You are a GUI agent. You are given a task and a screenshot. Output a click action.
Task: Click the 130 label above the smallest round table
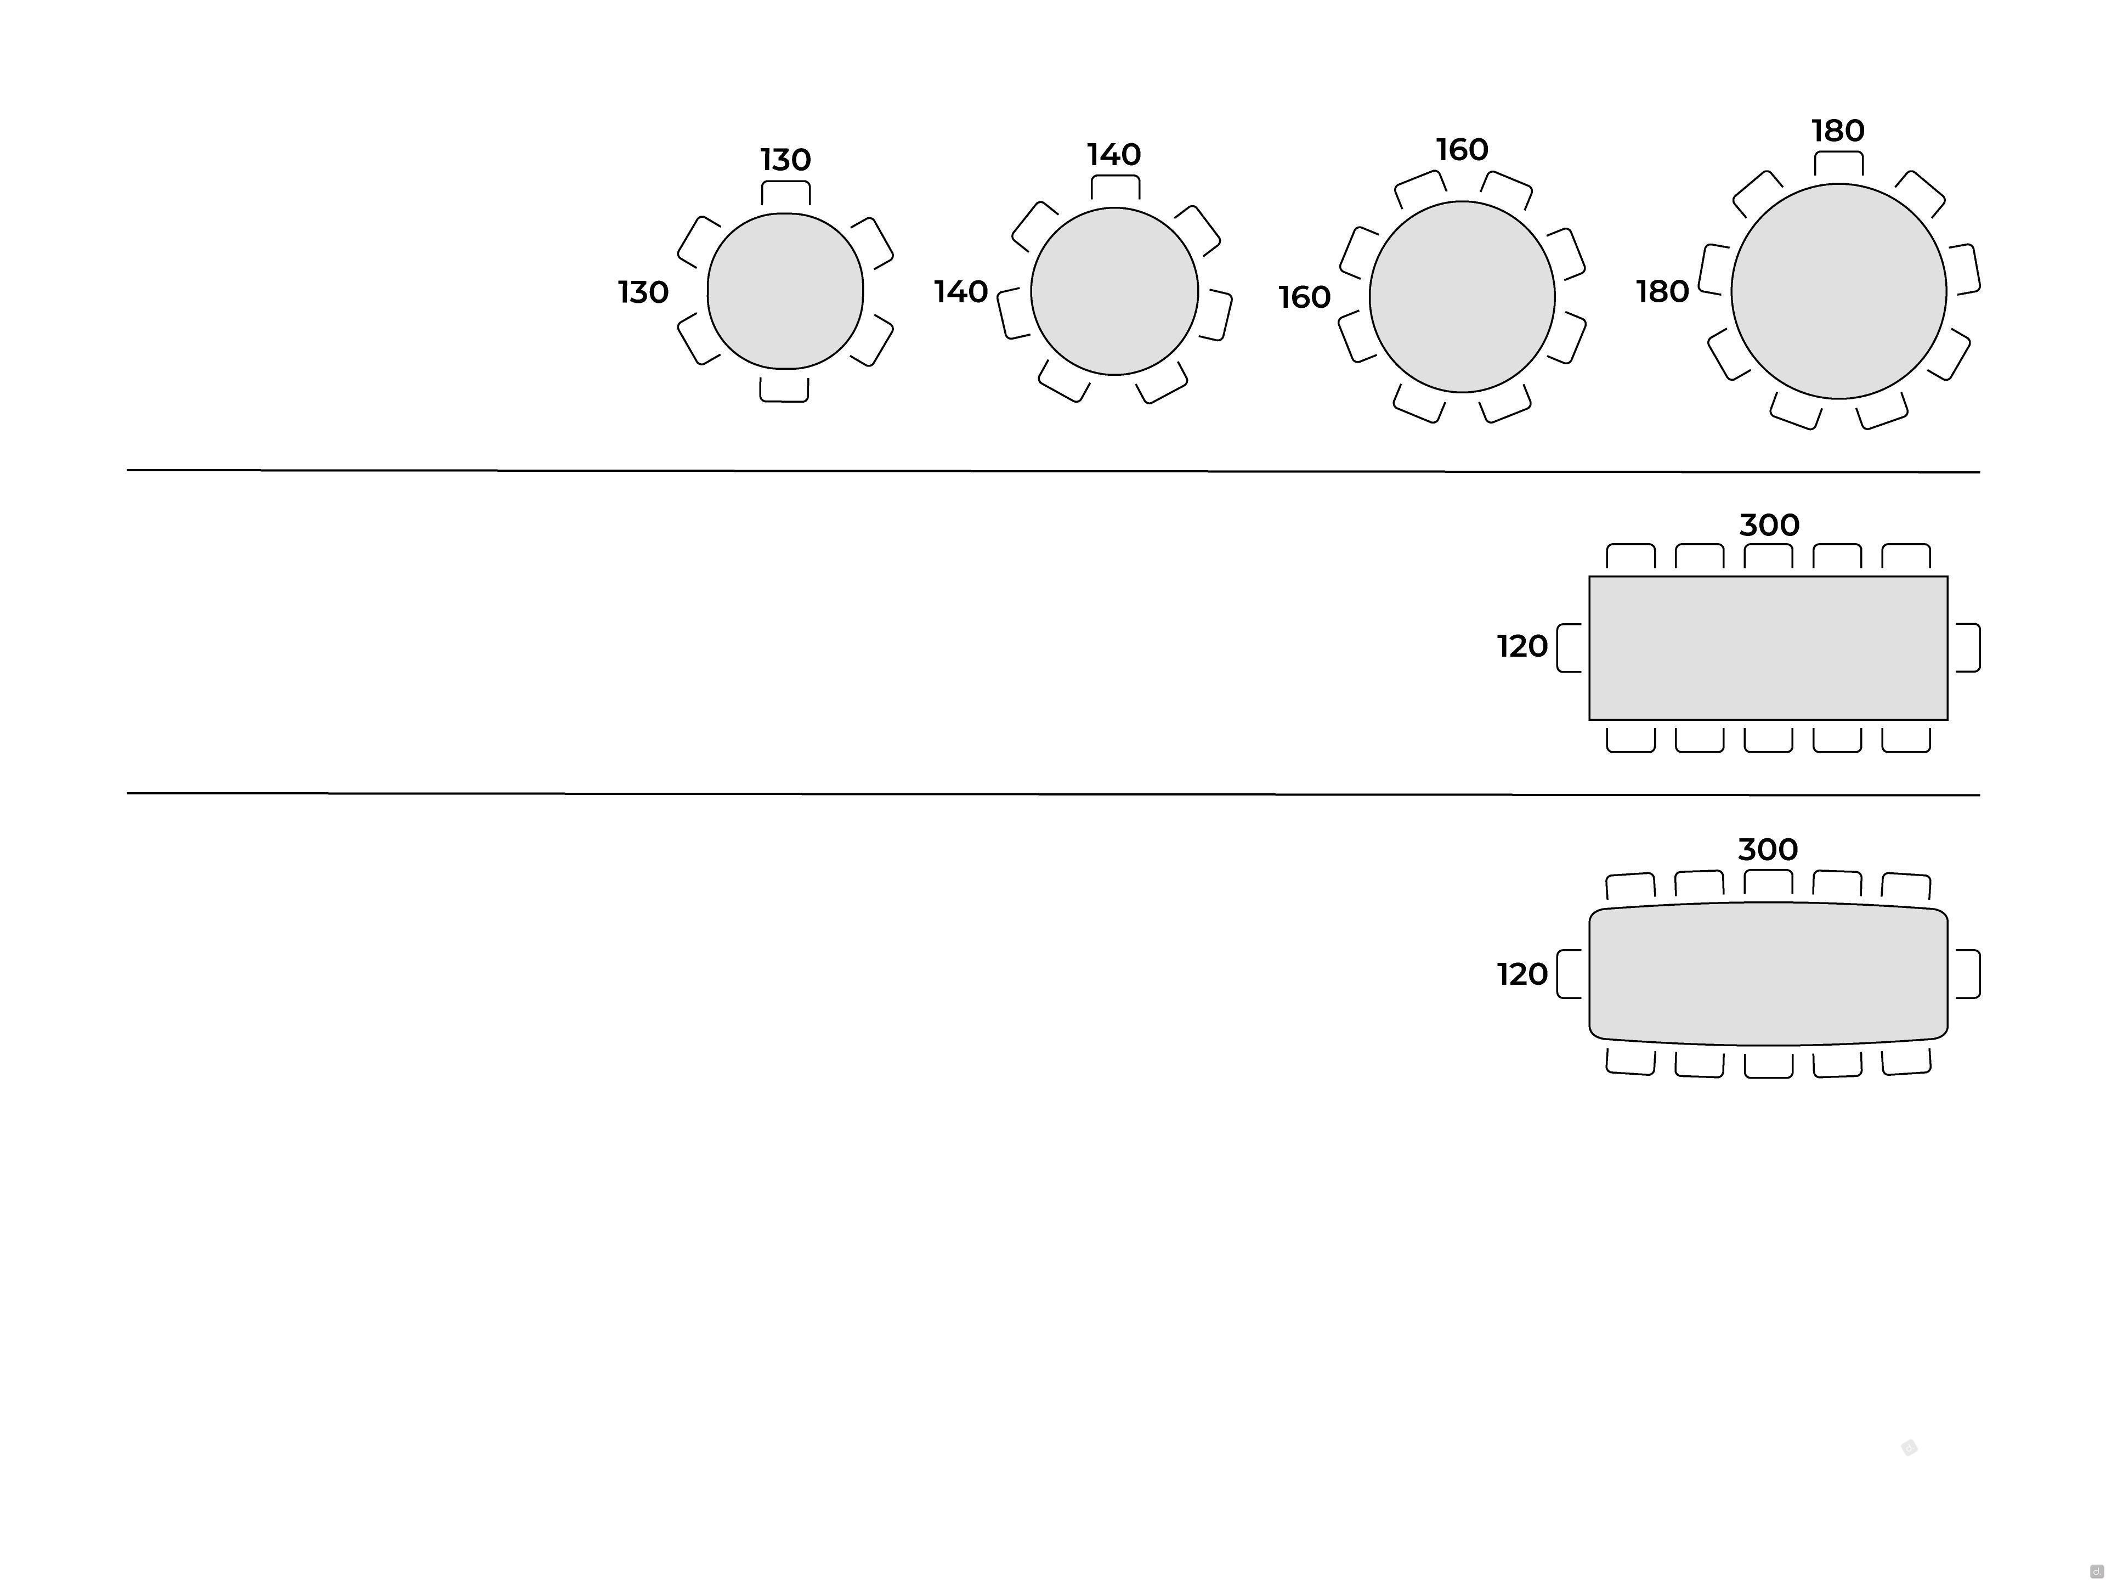click(785, 159)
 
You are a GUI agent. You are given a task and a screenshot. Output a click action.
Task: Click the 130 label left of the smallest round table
click(644, 292)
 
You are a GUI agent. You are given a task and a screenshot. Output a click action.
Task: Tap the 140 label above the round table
click(1114, 154)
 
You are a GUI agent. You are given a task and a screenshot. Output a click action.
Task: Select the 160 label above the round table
click(1462, 150)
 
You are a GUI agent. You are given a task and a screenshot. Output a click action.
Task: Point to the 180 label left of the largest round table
click(1662, 291)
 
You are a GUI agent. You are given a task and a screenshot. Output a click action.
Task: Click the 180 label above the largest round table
click(1837, 131)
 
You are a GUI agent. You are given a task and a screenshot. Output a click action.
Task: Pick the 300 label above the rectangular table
click(1769, 525)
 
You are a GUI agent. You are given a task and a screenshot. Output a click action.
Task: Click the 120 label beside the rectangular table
click(1522, 647)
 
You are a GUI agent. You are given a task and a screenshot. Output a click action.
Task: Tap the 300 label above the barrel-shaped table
click(1768, 849)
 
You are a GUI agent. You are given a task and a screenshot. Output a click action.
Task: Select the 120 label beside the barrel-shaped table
click(1522, 974)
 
